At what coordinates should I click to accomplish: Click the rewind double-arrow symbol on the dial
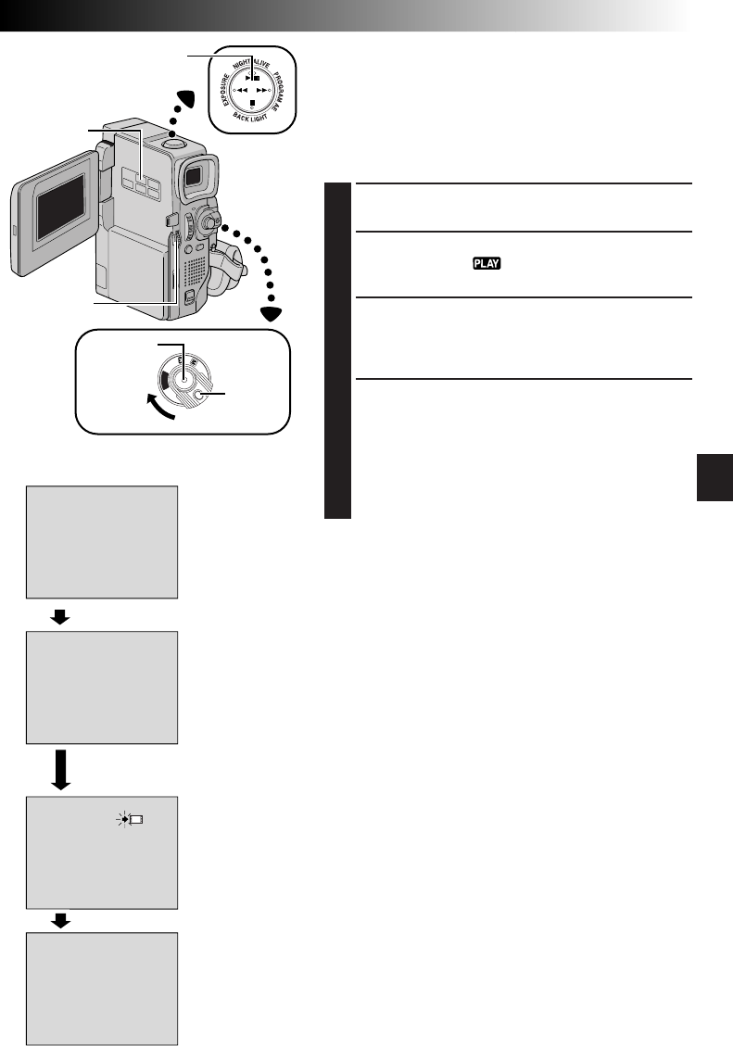239,92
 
